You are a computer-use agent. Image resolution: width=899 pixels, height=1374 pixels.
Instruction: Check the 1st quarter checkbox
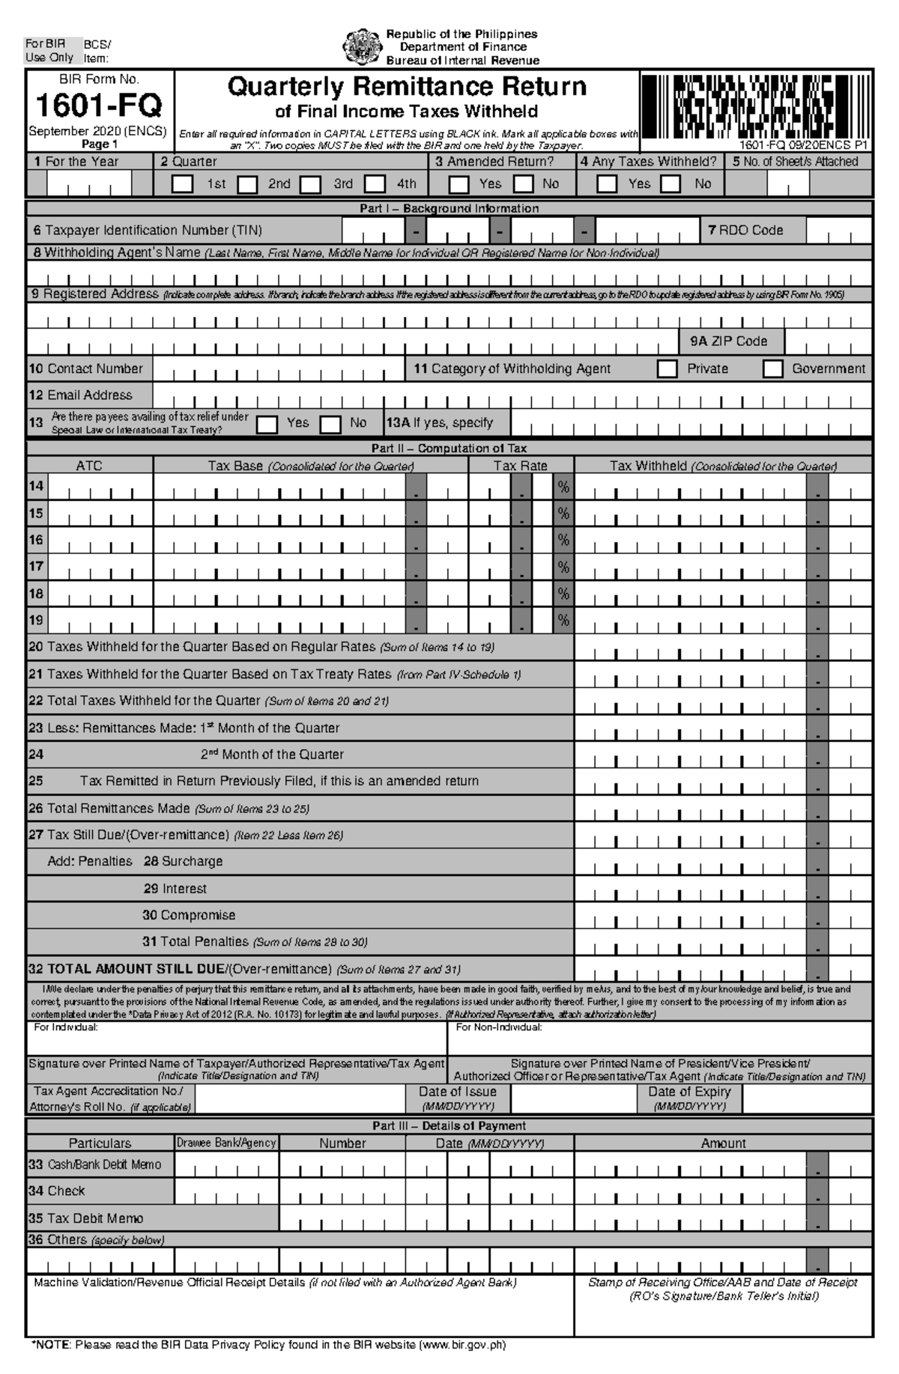point(182,183)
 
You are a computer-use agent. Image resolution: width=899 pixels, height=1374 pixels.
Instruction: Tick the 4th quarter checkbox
point(375,183)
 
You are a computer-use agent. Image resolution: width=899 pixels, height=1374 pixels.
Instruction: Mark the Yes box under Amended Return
point(458,183)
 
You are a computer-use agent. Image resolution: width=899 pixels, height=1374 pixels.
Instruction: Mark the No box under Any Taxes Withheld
point(671,183)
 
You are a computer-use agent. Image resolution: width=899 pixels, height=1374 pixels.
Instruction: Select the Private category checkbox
point(667,368)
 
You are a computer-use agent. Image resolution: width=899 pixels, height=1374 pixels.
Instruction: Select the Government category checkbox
point(772,368)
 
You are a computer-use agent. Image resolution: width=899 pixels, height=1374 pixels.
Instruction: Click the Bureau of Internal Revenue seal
point(362,46)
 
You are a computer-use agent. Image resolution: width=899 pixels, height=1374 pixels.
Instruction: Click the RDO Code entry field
point(839,231)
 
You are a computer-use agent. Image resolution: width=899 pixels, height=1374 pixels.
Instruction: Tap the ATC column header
point(89,466)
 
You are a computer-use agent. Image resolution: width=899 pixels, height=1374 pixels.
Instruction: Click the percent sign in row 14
point(563,487)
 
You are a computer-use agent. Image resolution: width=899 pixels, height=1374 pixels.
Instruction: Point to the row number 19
point(36,620)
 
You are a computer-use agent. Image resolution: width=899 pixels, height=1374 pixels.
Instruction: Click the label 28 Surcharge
point(183,862)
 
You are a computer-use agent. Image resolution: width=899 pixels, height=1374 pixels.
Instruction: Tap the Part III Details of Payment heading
point(449,1125)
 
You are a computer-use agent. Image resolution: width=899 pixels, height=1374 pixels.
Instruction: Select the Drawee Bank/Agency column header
point(226,1143)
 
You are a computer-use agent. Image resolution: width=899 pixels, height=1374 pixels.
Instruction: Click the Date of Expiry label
point(688,1092)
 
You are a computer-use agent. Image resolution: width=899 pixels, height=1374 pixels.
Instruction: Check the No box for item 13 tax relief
point(330,424)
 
